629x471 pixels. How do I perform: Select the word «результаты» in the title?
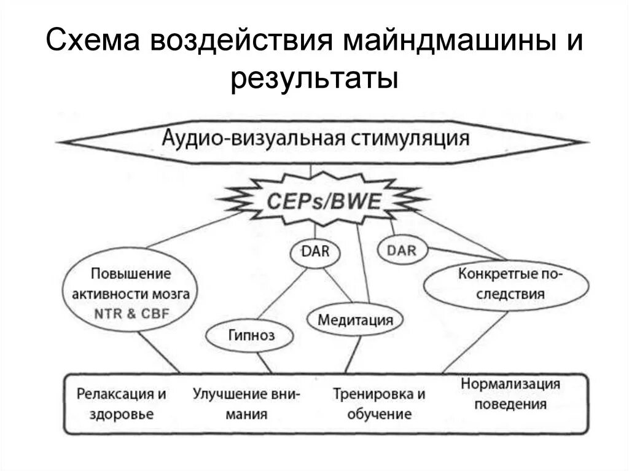coord(314,80)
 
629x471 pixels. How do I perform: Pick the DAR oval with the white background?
coord(314,252)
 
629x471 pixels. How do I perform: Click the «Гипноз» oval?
coord(248,335)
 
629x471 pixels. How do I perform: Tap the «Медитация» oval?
coord(355,319)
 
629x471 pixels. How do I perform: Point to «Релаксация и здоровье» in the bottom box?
coord(122,403)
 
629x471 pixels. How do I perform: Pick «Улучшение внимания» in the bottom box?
coord(246,403)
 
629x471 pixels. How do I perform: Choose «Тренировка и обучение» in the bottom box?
coord(378,403)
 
